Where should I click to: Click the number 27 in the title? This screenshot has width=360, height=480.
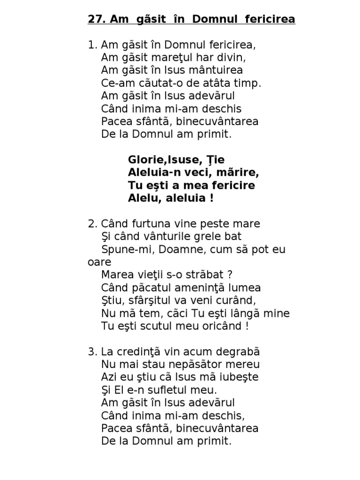pyautogui.click(x=95, y=20)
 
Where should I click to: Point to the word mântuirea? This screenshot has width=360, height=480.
pyautogui.click(x=216, y=71)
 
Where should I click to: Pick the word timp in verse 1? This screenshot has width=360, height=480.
pyautogui.click(x=246, y=83)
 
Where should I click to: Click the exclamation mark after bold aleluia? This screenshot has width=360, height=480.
pyautogui.click(x=212, y=198)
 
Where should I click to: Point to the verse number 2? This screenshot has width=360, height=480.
pyautogui.click(x=91, y=224)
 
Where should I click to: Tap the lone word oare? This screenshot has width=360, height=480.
pyautogui.click(x=99, y=262)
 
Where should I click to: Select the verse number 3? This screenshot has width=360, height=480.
pyautogui.click(x=91, y=352)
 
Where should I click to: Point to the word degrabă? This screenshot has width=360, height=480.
pyautogui.click(x=239, y=352)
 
